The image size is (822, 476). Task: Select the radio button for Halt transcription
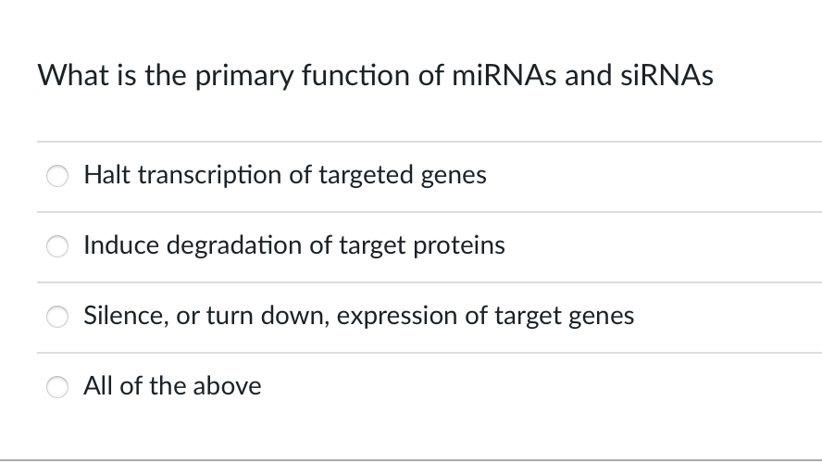[x=58, y=176]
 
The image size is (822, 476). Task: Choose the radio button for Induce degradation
[x=58, y=246]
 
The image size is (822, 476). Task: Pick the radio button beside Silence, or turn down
[x=58, y=317]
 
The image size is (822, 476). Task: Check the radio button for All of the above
[x=58, y=387]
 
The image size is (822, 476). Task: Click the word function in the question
[x=359, y=75]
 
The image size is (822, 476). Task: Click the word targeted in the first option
[x=366, y=174]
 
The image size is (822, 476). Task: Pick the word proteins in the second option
[x=464, y=244]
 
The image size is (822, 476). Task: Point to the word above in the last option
[x=228, y=385]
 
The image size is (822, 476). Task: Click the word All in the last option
[x=97, y=385]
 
